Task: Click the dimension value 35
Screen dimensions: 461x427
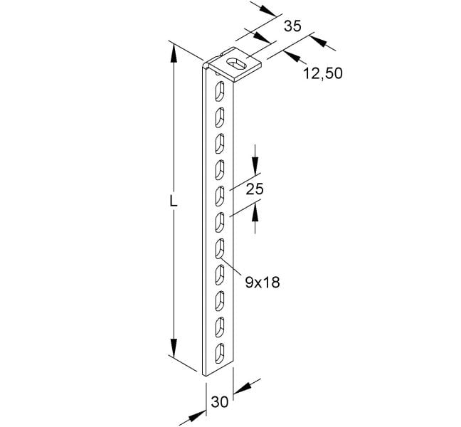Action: tap(293, 26)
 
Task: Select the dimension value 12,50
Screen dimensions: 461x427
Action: tap(323, 73)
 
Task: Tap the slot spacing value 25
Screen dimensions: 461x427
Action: tap(255, 189)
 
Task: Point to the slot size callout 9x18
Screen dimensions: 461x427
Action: tap(263, 283)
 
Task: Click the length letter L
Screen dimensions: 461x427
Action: tap(174, 201)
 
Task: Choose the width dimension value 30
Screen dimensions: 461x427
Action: tap(220, 401)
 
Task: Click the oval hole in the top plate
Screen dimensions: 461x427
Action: tap(235, 64)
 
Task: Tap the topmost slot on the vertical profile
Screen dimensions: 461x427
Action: tap(219, 92)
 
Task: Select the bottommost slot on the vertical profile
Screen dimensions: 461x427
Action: tap(219, 353)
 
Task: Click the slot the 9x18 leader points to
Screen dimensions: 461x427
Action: tap(219, 249)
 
